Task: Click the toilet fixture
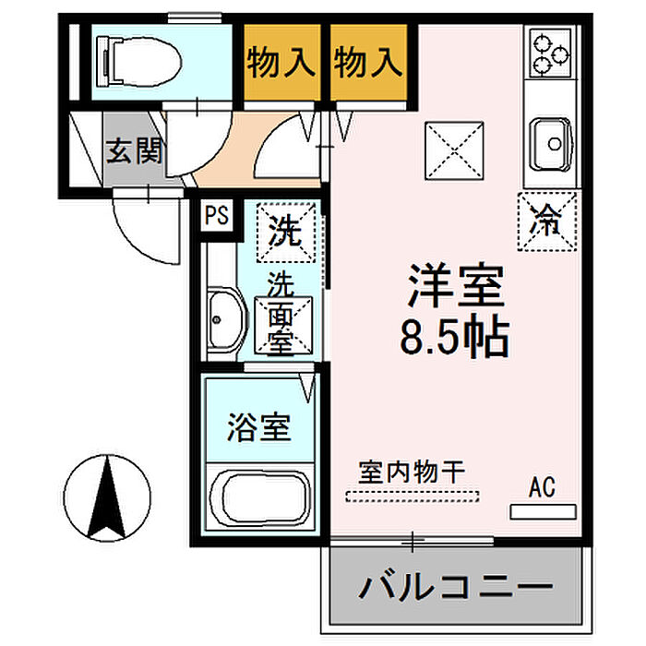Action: [138, 62]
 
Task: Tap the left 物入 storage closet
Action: [282, 62]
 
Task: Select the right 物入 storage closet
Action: [369, 62]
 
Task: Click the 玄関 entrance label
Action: [135, 150]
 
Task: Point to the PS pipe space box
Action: [217, 215]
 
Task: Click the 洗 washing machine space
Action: [285, 233]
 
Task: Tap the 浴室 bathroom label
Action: [259, 427]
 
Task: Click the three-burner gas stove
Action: [551, 53]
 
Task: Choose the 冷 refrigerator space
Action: [546, 221]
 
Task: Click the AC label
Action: [543, 487]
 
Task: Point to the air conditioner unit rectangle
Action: [543, 511]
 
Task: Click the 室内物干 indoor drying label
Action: [412, 473]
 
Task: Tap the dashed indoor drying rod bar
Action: [413, 496]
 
